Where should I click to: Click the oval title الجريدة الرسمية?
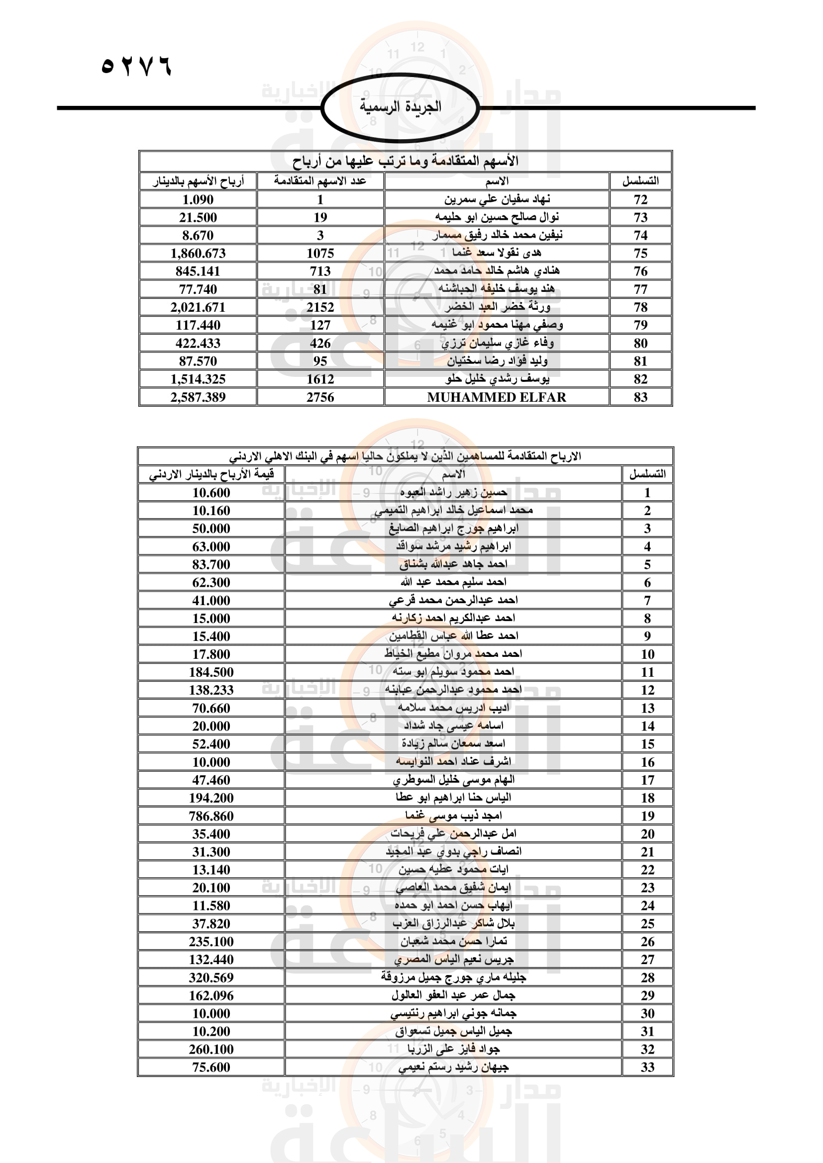coord(401,107)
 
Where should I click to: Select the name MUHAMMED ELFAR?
coord(496,397)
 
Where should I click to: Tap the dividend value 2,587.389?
coord(198,397)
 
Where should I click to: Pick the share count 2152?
coord(320,307)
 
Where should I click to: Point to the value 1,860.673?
coord(198,253)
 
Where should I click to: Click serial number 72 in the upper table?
coord(640,199)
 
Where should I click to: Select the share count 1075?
coord(320,253)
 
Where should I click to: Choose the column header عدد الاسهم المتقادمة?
coord(320,181)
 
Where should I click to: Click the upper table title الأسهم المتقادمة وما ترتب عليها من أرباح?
coord(406,161)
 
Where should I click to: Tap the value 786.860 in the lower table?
coord(211,816)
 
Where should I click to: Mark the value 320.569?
coord(211,978)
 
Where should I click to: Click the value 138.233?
coord(211,690)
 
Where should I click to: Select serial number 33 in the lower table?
coord(647,1067)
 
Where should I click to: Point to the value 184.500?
coord(211,672)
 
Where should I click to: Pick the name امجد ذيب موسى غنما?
coord(453,815)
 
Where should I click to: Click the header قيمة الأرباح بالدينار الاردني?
coord(211,474)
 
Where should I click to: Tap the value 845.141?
coord(198,271)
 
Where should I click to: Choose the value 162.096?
coord(211,995)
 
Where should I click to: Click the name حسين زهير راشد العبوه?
coord(453,492)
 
